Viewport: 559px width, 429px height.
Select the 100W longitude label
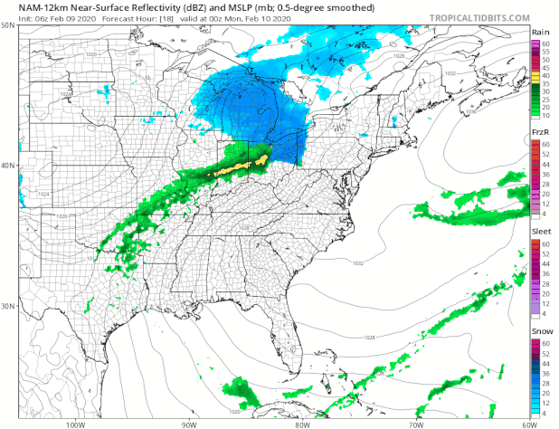tap(76, 423)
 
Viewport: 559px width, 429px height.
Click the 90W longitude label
tap(188, 423)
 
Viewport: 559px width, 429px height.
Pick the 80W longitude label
tap(301, 423)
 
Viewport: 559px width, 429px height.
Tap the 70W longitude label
tap(414, 423)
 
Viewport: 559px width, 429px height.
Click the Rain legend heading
tap(540, 31)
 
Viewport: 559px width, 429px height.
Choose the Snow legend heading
tap(540, 333)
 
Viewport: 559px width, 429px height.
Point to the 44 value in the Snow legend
tap(547, 364)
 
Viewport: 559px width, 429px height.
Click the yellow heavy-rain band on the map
tap(239, 165)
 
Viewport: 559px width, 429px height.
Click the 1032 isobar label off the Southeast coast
tap(358, 263)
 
